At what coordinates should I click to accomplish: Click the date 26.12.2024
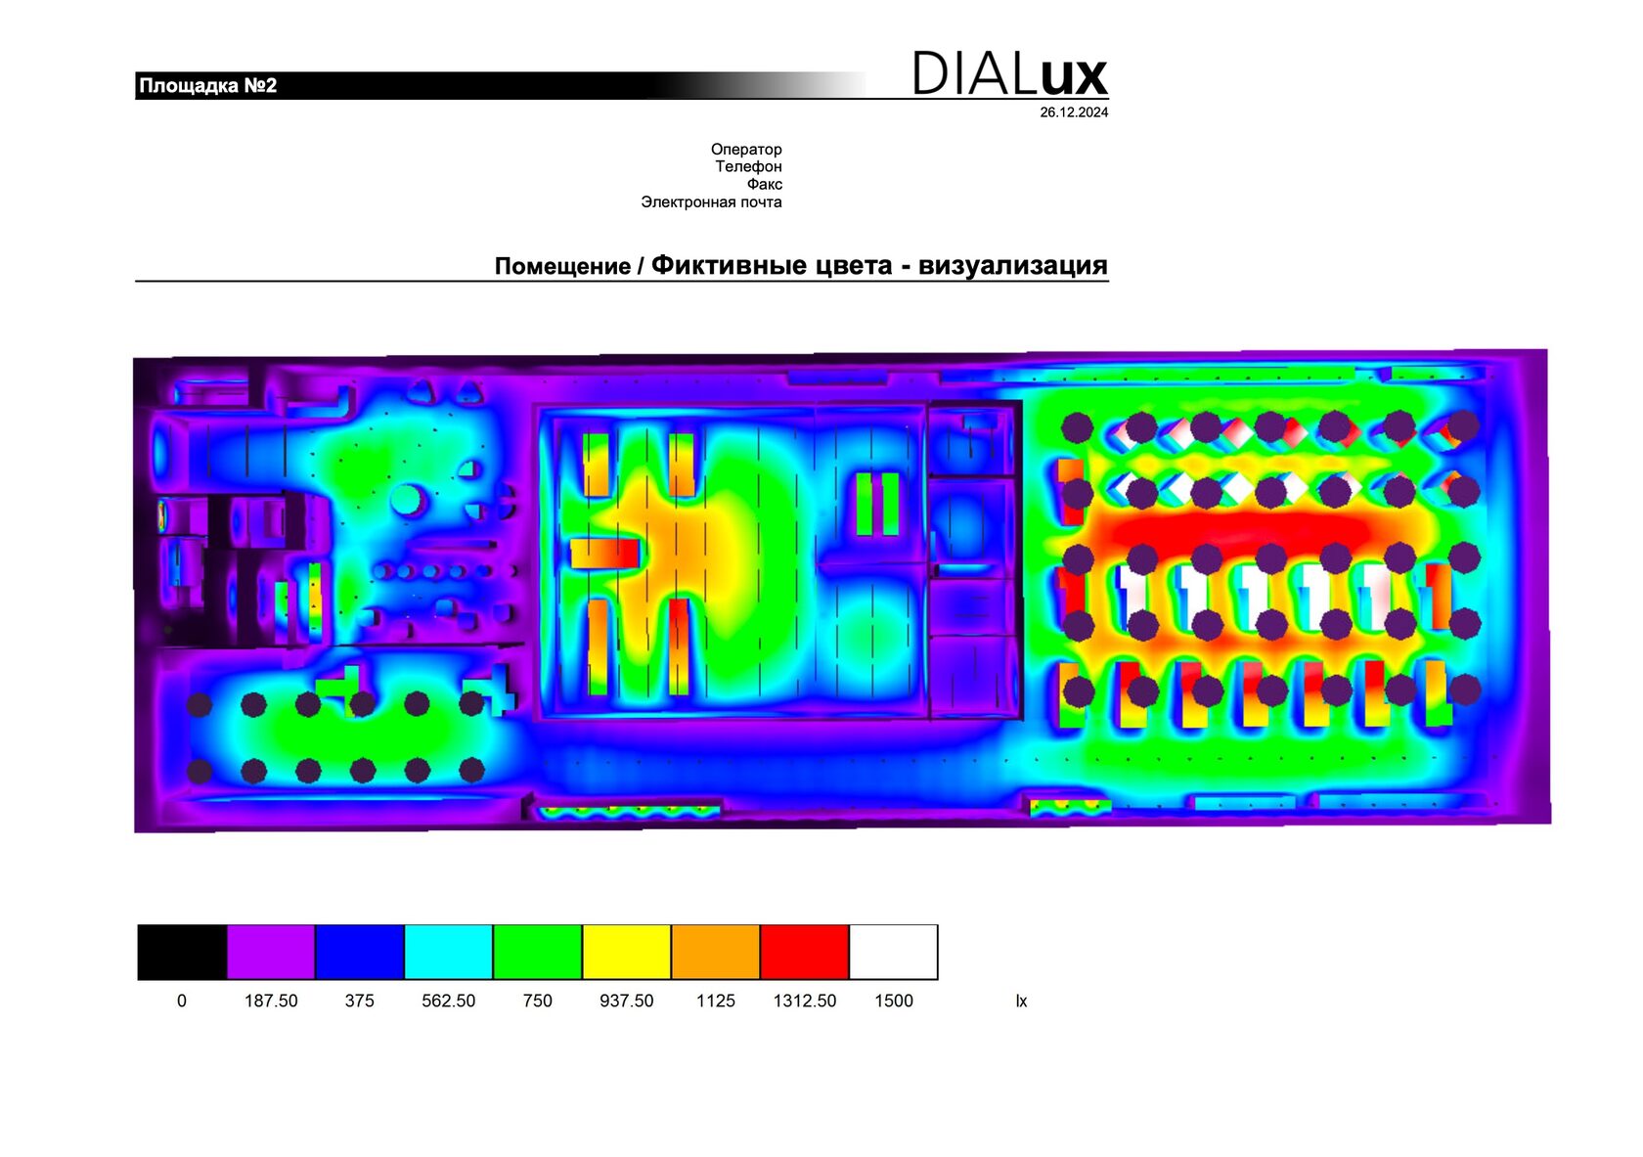point(1074,112)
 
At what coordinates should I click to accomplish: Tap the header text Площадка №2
point(207,86)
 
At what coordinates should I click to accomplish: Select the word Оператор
point(746,149)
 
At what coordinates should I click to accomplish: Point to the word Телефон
point(749,166)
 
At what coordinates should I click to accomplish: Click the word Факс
point(765,184)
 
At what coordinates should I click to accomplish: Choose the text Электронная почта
point(712,201)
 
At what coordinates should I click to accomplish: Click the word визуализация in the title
point(1013,265)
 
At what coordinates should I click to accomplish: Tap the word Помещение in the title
point(562,266)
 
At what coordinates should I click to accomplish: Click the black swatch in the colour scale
point(182,952)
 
